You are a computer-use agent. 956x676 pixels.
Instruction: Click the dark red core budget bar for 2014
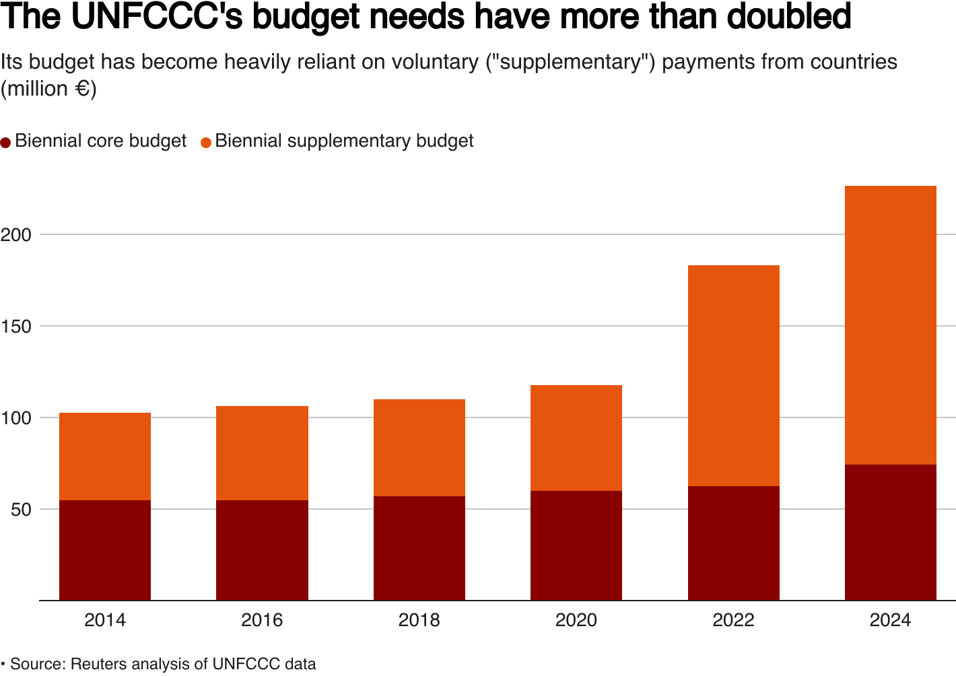105,549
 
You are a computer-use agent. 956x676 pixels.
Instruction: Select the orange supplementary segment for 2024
890,325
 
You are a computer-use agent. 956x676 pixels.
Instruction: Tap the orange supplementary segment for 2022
733,375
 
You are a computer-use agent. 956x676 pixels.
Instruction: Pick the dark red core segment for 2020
576,545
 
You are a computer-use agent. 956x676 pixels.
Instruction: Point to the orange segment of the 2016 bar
262,452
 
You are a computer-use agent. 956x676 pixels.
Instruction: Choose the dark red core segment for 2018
419,547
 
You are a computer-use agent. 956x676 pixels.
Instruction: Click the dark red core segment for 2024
890,532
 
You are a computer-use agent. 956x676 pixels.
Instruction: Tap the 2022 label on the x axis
733,620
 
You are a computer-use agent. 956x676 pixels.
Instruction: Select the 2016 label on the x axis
262,620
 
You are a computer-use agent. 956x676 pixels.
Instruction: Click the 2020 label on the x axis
576,620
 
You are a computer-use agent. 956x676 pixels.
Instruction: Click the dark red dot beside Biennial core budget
6,142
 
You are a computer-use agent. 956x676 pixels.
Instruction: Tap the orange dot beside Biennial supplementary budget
206,142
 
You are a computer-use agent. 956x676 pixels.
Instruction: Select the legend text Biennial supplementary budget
344,141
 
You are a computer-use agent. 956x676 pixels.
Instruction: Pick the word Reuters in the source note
98,664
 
